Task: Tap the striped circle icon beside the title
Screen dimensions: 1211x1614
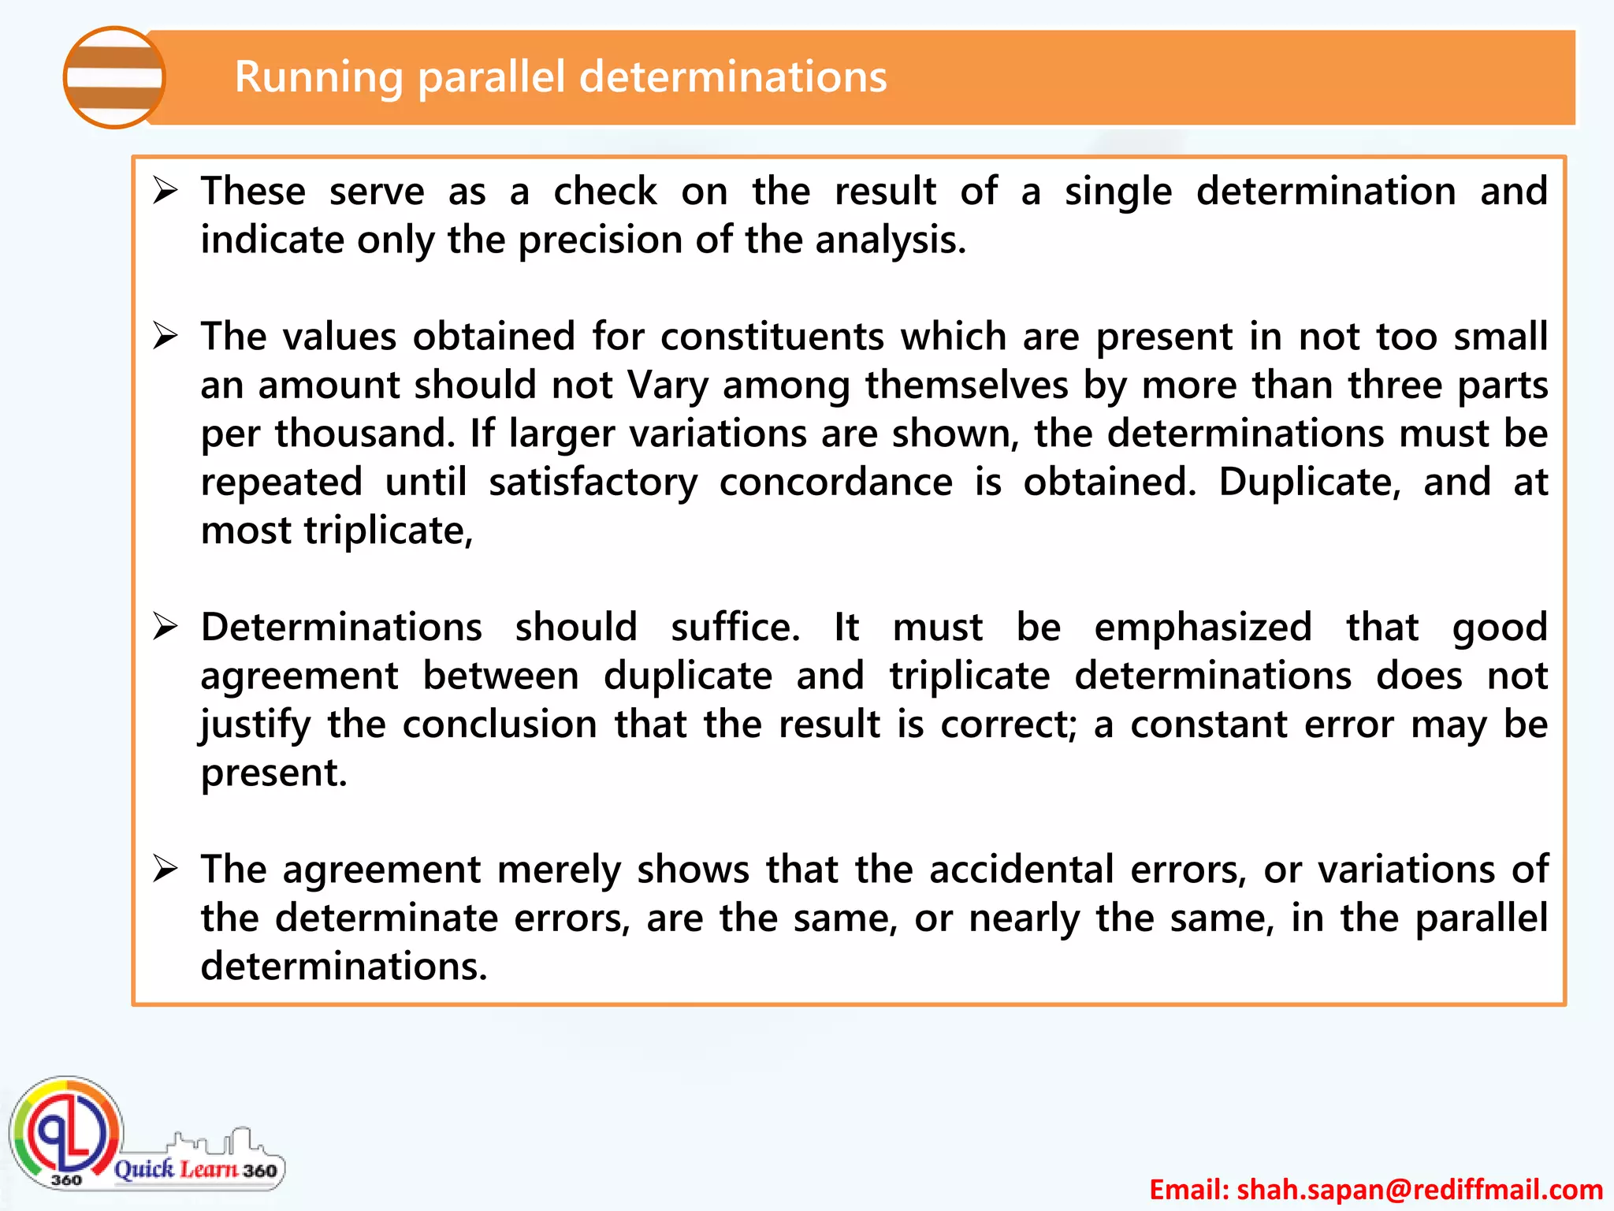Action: pos(114,77)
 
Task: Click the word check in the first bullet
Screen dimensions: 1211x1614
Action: pos(604,192)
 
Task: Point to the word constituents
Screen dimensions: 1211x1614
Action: pos(772,337)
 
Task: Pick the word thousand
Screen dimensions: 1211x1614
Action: pos(365,434)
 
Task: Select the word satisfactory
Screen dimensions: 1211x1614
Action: pos(593,483)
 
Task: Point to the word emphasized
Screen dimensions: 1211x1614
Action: pos(1203,628)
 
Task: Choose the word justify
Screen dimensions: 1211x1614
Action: pos(255,725)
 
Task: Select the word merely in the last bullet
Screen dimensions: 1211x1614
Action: pos(559,870)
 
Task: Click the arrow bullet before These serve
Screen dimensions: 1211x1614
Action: pos(165,191)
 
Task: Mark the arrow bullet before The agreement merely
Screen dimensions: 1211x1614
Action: pos(165,869)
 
